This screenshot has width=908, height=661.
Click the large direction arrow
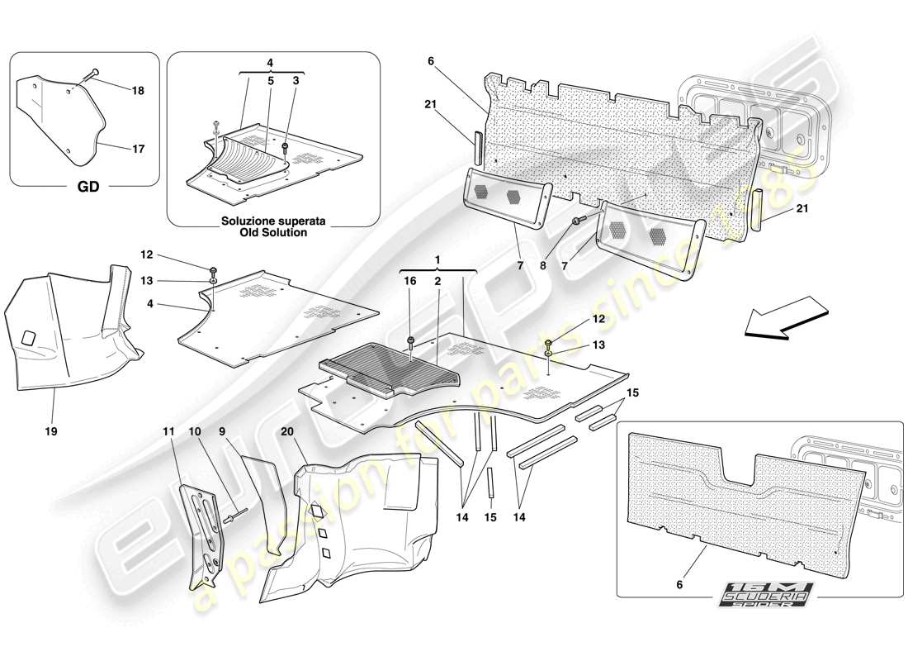[784, 322]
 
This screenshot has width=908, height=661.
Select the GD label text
[87, 188]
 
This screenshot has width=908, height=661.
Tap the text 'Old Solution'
[274, 233]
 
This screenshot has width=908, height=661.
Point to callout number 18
[138, 91]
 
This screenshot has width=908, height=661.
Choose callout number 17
[138, 150]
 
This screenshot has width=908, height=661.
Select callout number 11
[168, 431]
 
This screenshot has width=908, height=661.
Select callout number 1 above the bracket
[437, 259]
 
